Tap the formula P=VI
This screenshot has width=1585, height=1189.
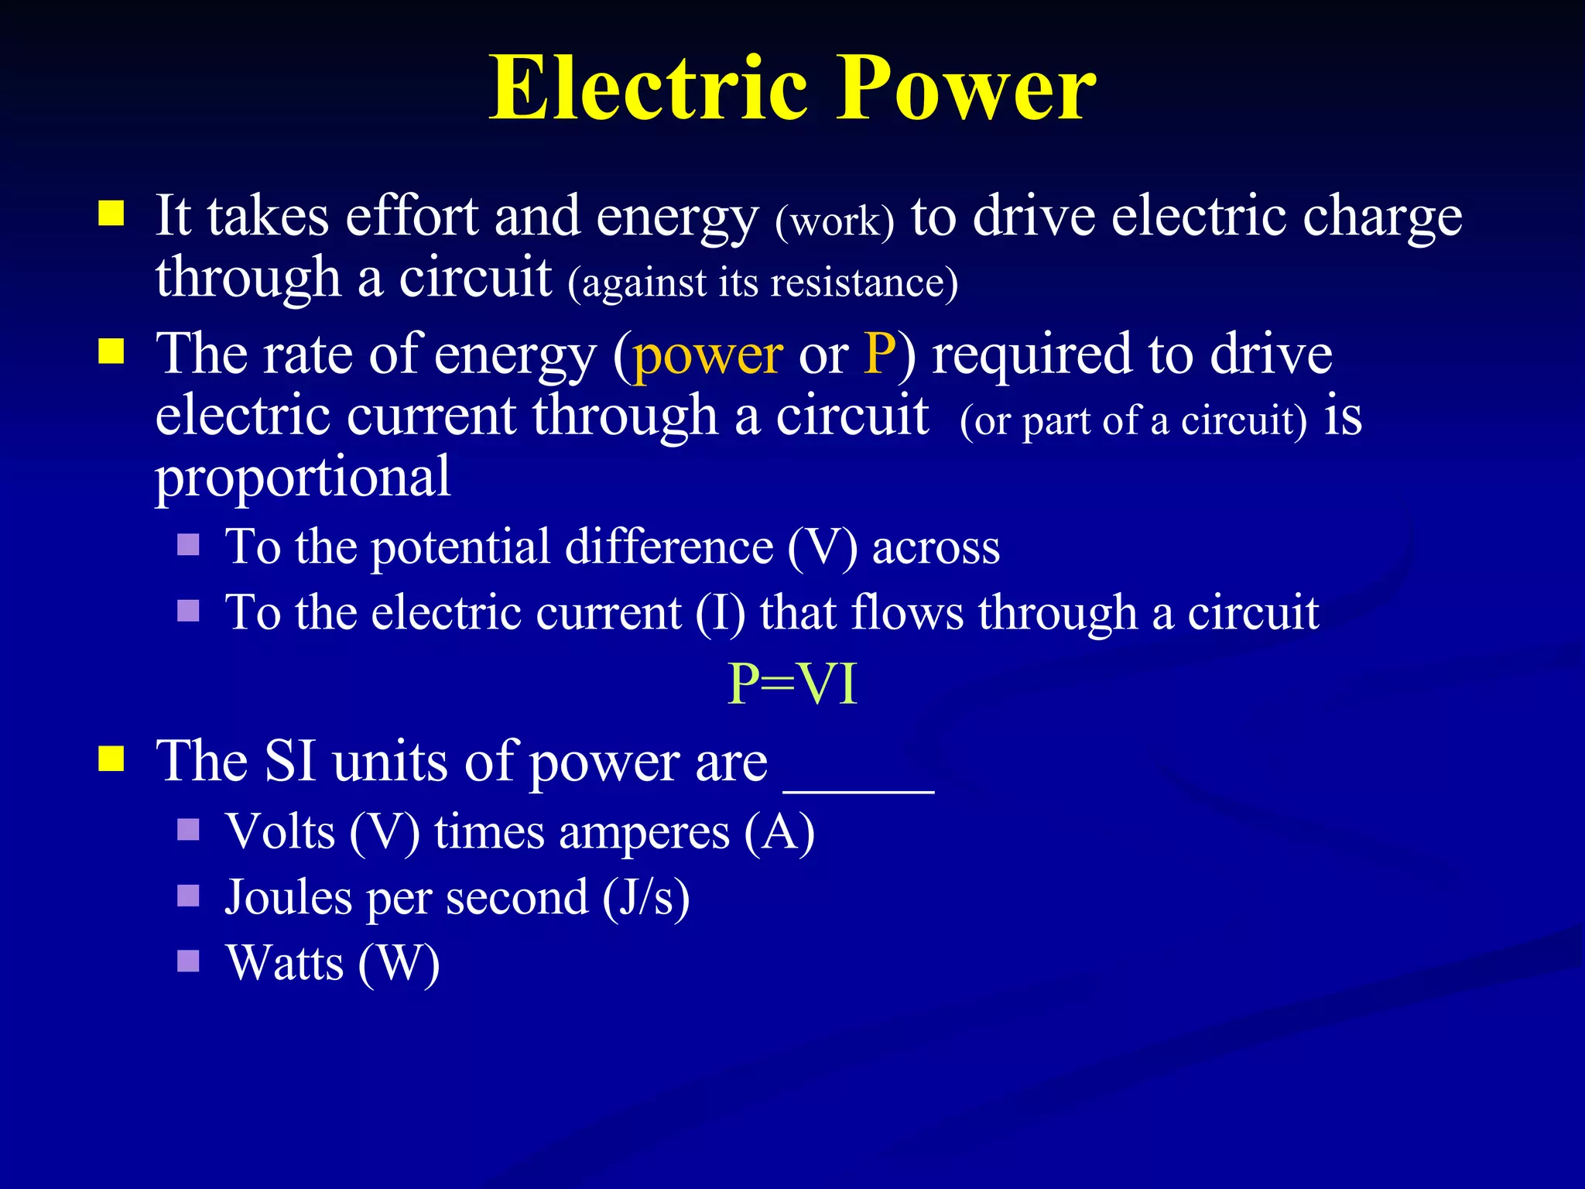pyautogui.click(x=792, y=684)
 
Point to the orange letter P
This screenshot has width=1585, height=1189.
pyautogui.click(x=880, y=353)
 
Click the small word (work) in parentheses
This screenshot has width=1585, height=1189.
pyautogui.click(x=834, y=221)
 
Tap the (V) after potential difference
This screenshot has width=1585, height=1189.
pyautogui.click(x=822, y=547)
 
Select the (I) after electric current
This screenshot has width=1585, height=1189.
pyautogui.click(x=721, y=613)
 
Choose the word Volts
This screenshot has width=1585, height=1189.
pyautogui.click(x=280, y=832)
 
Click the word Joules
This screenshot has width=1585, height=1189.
pyautogui.click(x=289, y=898)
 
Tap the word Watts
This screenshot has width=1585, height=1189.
pyautogui.click(x=285, y=963)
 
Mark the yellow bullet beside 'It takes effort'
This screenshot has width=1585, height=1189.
pyautogui.click(x=111, y=213)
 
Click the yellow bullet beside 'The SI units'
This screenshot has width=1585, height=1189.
pyautogui.click(x=111, y=759)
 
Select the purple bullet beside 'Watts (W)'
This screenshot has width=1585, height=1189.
pyautogui.click(x=188, y=961)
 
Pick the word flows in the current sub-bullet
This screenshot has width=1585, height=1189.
pyautogui.click(x=907, y=613)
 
